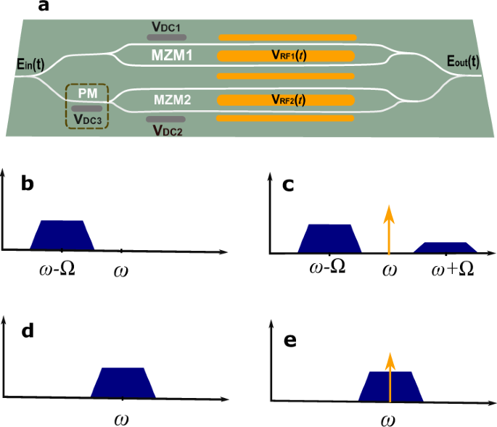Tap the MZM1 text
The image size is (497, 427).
(171, 55)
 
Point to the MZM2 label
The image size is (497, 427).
(171, 101)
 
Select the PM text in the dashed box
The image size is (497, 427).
(87, 93)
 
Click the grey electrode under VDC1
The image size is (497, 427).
(166, 37)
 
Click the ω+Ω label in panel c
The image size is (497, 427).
(453, 268)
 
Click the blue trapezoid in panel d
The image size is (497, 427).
(123, 382)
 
